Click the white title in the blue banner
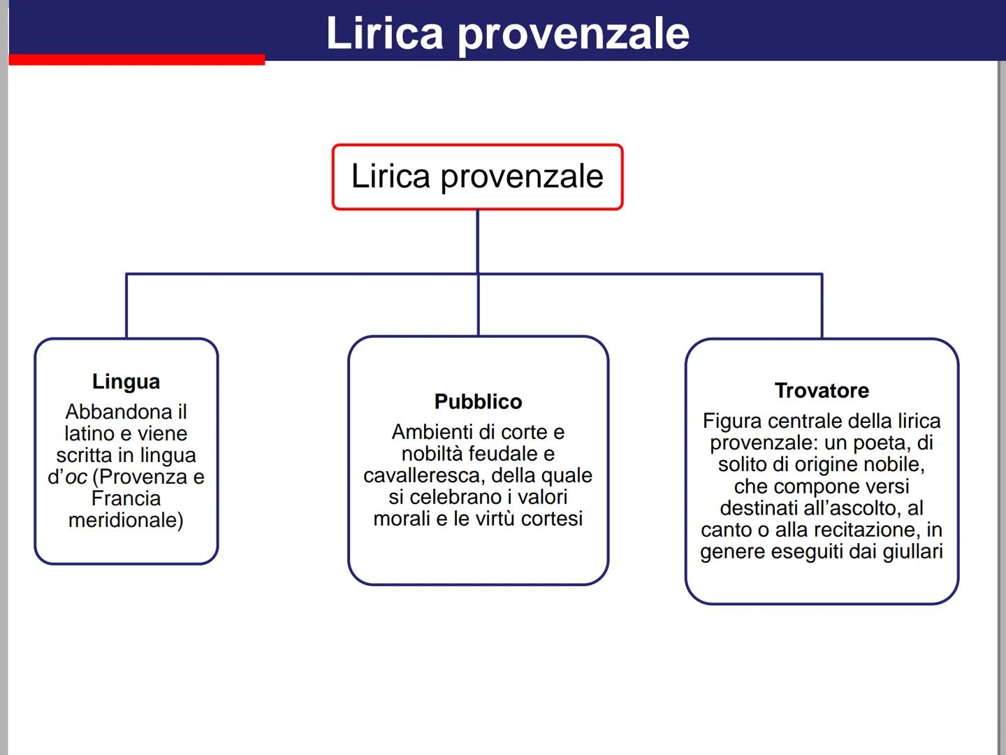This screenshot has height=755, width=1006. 507,33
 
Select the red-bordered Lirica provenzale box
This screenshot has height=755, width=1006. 477,177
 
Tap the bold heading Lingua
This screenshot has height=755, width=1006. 126,382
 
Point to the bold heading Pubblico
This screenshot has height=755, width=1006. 478,402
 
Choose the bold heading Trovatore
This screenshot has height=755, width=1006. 822,391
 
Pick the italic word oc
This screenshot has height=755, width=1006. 76,477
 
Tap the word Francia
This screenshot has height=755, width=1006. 126,498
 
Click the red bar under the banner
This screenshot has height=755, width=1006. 137,60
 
